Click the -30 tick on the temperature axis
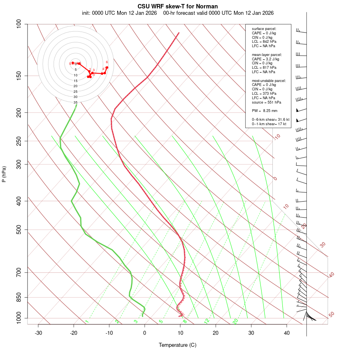point(38,333)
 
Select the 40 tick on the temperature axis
point(287,333)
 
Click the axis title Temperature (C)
point(178,345)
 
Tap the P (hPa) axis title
point(4,174)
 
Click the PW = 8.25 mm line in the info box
point(264,111)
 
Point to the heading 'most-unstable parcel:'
point(269,80)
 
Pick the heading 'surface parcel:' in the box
point(264,28)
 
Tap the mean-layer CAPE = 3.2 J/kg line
point(266,59)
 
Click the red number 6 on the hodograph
point(107,62)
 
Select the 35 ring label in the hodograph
point(75,102)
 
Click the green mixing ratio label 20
point(235,321)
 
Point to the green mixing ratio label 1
point(87,321)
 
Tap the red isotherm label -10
point(277,137)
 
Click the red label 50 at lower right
point(331,315)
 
